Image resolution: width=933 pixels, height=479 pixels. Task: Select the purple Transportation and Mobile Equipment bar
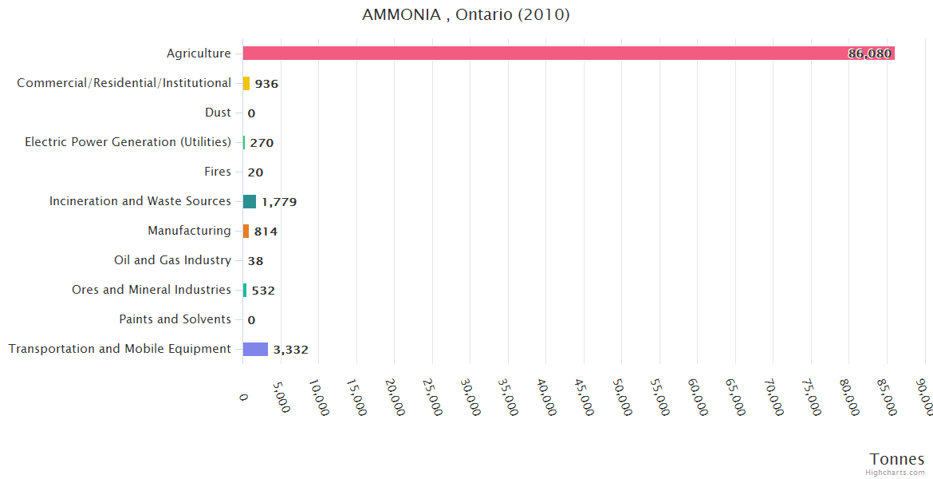255,349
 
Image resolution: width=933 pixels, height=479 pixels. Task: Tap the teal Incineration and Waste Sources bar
250,201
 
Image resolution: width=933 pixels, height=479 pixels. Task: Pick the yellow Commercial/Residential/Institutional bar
246,83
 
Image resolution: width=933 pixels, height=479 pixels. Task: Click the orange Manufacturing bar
246,231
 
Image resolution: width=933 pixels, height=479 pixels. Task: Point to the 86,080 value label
869,54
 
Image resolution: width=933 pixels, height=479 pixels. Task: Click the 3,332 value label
290,350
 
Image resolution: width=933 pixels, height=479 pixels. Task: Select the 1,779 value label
279,202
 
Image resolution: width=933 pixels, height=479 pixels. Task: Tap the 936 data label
266,84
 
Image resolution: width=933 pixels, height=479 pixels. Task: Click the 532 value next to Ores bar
263,291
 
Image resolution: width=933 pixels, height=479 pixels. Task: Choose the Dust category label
218,113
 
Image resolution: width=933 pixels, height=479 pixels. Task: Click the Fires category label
218,172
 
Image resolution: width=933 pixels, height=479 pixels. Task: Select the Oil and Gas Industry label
172,260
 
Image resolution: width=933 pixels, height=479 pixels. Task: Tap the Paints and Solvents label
175,319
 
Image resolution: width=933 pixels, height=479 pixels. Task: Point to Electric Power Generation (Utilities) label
128,142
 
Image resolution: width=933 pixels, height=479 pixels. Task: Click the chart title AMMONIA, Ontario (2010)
466,15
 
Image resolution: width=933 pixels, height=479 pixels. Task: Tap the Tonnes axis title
896,459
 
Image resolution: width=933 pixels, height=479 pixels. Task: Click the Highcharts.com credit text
896,473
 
